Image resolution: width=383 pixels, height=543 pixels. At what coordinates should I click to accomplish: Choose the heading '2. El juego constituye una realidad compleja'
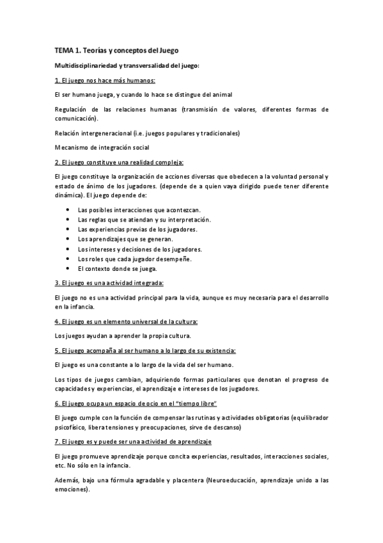pos(119,162)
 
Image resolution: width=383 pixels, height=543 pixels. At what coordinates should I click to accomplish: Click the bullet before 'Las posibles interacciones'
pos(68,210)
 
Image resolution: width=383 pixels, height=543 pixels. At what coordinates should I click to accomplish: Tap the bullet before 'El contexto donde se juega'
pos(68,268)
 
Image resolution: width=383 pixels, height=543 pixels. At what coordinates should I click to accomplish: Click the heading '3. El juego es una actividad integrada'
pos(109,282)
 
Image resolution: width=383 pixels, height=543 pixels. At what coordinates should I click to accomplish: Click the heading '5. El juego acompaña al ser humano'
pos(145,350)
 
